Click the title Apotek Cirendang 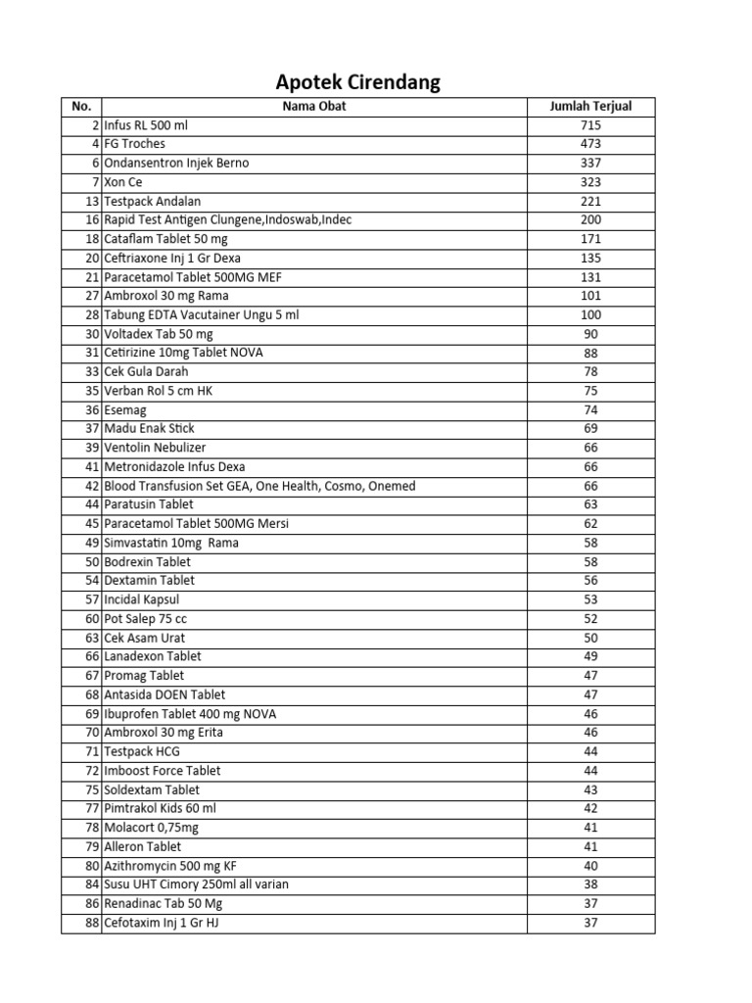pyautogui.click(x=357, y=82)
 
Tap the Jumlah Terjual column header pyautogui.click(x=591, y=106)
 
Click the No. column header pyautogui.click(x=81, y=106)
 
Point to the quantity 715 pyautogui.click(x=590, y=125)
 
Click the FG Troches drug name pyautogui.click(x=135, y=144)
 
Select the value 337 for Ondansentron pyautogui.click(x=590, y=163)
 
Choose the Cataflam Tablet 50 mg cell pyautogui.click(x=158, y=239)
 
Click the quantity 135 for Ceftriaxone pyautogui.click(x=590, y=258)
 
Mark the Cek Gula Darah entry pyautogui.click(x=146, y=372)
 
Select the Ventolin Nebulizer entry pyautogui.click(x=155, y=448)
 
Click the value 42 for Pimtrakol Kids pyautogui.click(x=590, y=809)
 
